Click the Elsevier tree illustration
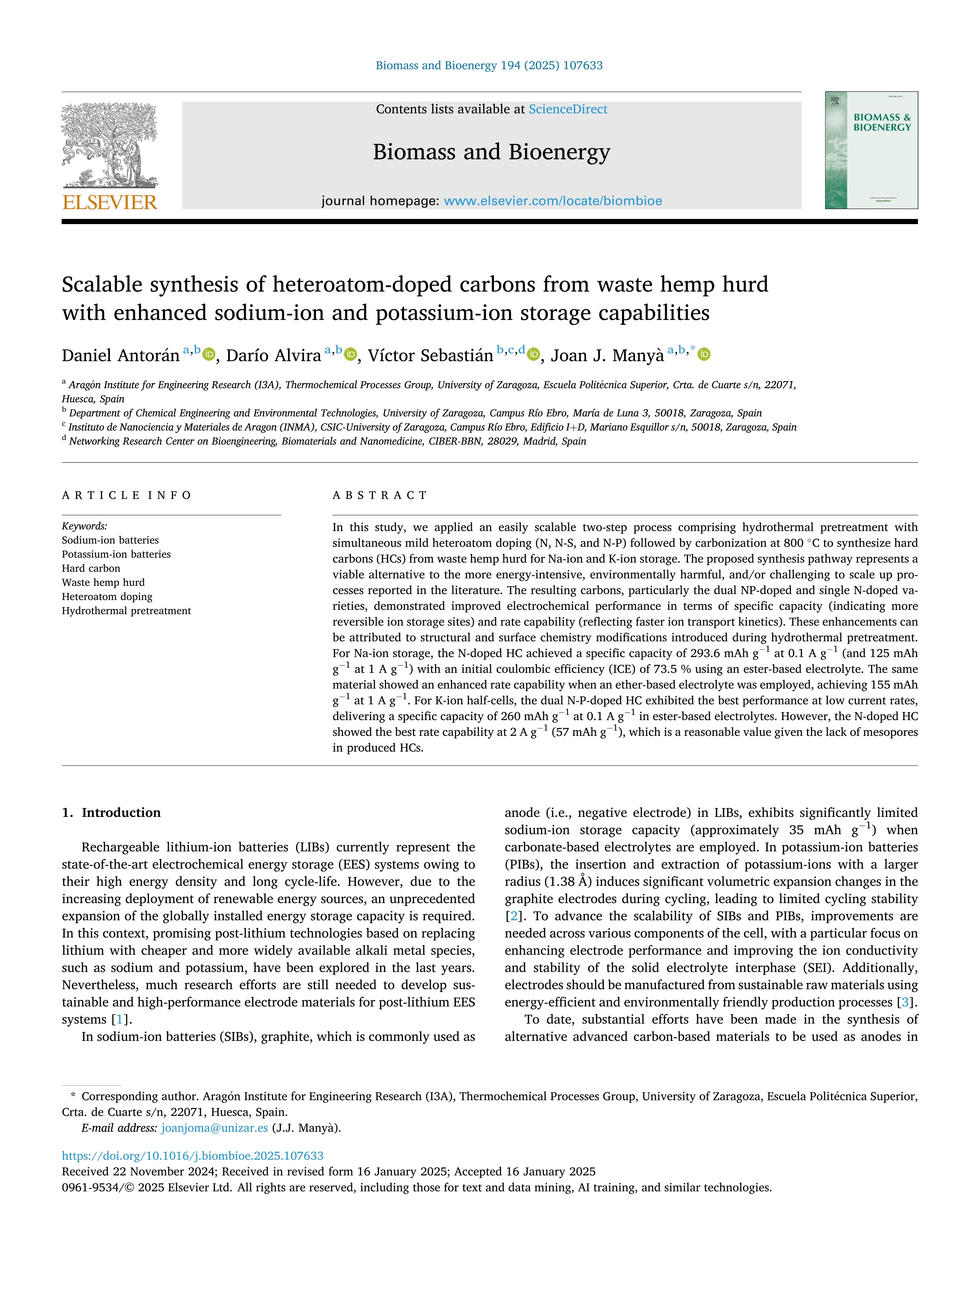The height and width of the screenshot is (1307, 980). [x=110, y=145]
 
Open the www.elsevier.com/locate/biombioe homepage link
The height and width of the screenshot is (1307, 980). [x=552, y=201]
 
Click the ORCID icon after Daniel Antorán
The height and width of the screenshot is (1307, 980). [x=209, y=355]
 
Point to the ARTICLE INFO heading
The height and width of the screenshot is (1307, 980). [x=126, y=495]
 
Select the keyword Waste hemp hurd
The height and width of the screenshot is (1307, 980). [x=104, y=583]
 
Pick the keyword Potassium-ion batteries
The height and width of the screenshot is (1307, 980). [x=116, y=554]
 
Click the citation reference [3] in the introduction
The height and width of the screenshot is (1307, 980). [x=904, y=1003]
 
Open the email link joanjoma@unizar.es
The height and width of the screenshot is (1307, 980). [x=215, y=1128]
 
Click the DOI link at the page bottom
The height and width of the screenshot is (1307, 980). [x=192, y=1156]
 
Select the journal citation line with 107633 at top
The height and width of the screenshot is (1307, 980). [x=489, y=66]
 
